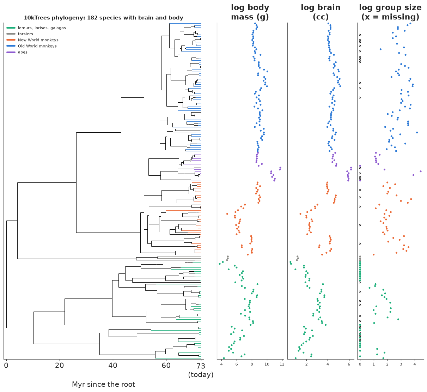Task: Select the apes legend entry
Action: tap(17, 52)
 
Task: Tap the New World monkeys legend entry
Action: tap(32, 40)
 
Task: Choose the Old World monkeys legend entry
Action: tap(31, 46)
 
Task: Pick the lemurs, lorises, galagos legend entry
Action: tap(36, 28)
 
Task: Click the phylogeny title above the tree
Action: tap(103, 18)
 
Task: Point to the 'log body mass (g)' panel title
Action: tap(250, 12)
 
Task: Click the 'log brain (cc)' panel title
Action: tap(321, 12)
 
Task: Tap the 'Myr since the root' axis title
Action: tap(103, 384)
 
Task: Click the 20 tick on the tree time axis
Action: tap(60, 366)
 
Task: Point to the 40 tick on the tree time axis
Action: tap(113, 366)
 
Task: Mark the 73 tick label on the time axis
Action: tap(201, 366)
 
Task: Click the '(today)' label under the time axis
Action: tap(201, 375)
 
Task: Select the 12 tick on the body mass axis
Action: tap(282, 364)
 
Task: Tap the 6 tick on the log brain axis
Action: tap(349, 364)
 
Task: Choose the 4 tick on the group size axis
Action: tap(415, 364)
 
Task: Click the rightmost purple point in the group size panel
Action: tap(421, 171)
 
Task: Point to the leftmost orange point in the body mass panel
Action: tap(227, 214)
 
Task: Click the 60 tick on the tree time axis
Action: tap(166, 366)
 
